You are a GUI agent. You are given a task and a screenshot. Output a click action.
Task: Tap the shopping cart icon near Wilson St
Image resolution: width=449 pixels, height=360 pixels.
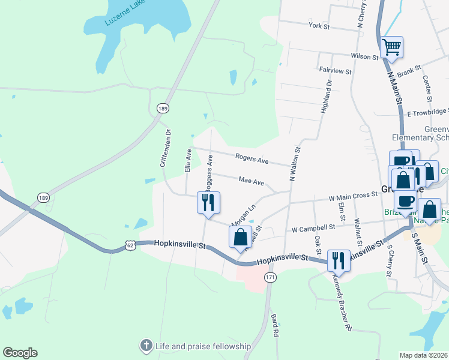[391, 47]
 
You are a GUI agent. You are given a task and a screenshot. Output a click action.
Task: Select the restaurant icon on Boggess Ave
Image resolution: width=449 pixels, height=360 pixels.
[208, 202]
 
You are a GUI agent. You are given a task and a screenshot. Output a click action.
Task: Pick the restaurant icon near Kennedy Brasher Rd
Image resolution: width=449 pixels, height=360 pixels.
[339, 260]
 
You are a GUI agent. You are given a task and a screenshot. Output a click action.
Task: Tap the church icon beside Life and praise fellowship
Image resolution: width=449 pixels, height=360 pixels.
[145, 346]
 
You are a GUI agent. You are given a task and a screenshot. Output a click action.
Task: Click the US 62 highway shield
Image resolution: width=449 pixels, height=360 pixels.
[131, 244]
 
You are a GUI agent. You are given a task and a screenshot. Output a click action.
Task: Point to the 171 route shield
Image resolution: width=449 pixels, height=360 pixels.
[270, 278]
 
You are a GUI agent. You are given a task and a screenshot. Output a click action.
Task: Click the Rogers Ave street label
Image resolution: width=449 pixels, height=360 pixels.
[252, 160]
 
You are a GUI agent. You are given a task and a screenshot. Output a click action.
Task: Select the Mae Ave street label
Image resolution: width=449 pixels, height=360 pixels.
[251, 181]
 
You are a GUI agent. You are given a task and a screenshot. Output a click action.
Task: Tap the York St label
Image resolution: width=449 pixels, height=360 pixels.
[319, 26]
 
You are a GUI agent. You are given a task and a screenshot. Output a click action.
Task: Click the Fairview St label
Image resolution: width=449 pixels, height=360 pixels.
[335, 71]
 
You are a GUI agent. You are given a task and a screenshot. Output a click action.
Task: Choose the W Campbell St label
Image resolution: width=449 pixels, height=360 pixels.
[313, 228]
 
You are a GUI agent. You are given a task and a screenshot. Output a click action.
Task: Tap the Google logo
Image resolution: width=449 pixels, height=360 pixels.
[20, 353]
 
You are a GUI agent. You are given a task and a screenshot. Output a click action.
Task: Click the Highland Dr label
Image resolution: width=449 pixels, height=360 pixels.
[325, 97]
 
